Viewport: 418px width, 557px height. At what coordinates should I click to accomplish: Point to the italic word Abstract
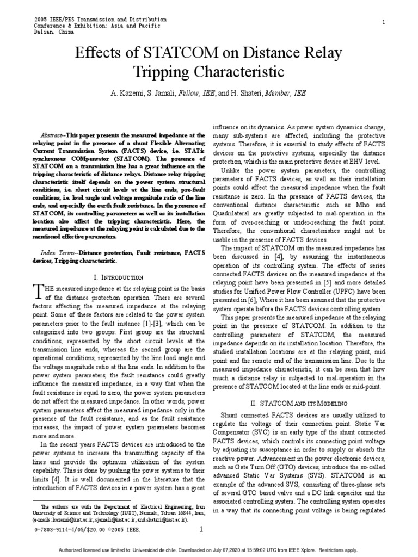53,134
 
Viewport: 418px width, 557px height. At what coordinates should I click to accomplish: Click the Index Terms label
57,253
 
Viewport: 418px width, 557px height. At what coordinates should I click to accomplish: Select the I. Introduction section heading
118,277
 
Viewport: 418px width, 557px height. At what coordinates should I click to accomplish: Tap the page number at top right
384,22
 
